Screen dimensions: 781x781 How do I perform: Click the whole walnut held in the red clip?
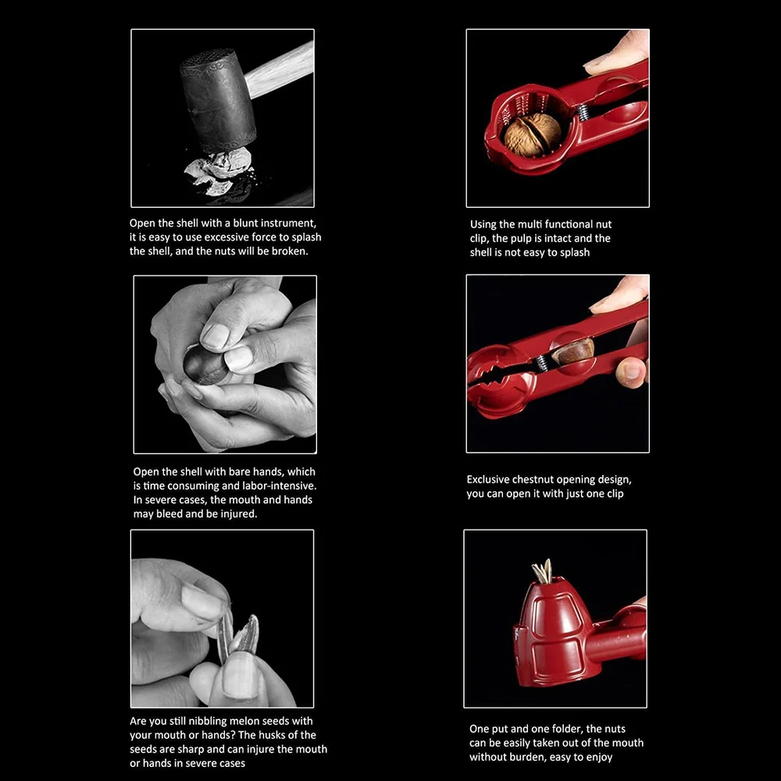point(532,134)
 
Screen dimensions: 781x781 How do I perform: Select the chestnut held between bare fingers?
point(205,364)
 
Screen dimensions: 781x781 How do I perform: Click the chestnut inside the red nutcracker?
point(574,351)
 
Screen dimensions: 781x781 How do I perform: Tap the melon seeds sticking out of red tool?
point(542,572)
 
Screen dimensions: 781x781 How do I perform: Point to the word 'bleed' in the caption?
point(172,514)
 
